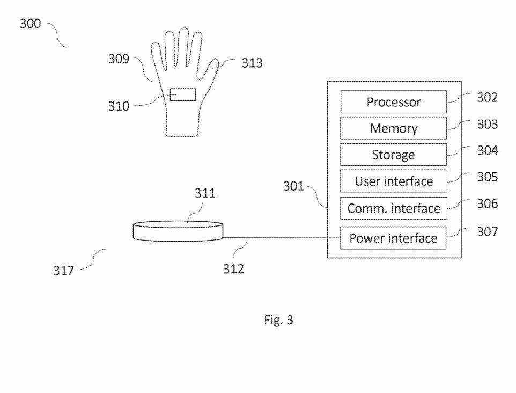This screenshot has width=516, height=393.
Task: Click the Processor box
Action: [393, 102]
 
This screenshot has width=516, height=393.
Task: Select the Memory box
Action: [393, 128]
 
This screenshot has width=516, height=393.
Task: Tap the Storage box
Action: [393, 155]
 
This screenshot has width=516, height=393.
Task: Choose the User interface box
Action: [393, 181]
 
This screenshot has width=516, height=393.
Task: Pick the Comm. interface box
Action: [393, 208]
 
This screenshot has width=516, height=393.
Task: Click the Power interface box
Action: [393, 238]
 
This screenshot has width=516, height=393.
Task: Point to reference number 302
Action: [487, 97]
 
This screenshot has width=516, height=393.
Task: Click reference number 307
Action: [487, 232]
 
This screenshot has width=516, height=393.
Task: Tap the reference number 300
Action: [30, 24]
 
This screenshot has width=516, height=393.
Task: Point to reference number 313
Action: [252, 63]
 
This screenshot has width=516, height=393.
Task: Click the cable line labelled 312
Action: [279, 238]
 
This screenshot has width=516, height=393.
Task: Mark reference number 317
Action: [63, 271]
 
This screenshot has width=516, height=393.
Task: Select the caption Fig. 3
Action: [278, 320]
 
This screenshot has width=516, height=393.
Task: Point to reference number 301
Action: [293, 187]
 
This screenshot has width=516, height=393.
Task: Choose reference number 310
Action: [119, 106]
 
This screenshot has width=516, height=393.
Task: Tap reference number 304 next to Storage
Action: [487, 150]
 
